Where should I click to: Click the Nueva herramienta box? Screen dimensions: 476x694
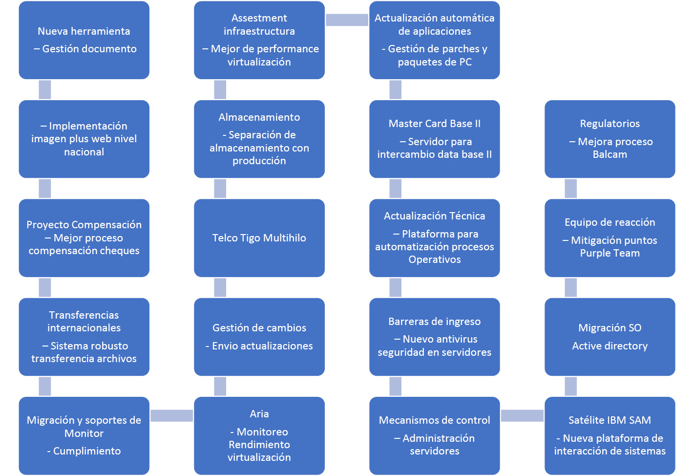[84, 40]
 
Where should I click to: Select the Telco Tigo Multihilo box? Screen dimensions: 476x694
[259, 238]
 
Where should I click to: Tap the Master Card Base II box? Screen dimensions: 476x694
[435, 139]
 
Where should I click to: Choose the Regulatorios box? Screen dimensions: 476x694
[610, 139]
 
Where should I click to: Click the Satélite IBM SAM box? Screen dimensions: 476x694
[610, 435]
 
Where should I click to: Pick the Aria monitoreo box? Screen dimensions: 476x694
[259, 435]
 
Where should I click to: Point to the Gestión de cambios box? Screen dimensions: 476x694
[259, 337]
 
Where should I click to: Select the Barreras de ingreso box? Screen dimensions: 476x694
[435, 337]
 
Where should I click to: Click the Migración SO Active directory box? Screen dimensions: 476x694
[610, 337]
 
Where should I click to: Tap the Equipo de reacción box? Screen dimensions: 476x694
[610, 238]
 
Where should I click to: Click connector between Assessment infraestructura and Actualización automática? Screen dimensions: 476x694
[347, 20]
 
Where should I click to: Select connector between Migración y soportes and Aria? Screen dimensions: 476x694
[171, 415]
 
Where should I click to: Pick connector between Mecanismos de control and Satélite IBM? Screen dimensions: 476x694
[522, 415]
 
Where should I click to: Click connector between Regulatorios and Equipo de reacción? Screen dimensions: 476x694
[570, 188]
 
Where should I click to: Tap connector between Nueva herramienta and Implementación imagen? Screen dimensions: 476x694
[45, 89]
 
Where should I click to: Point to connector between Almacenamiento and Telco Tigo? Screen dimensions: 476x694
[220, 188]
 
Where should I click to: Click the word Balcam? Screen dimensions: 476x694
[610, 154]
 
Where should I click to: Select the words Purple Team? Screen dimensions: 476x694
[610, 253]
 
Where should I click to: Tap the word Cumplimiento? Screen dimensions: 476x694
[87, 451]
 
